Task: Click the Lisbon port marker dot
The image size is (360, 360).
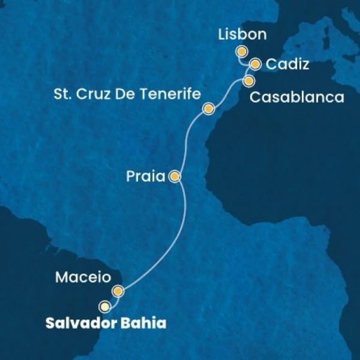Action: click(241, 52)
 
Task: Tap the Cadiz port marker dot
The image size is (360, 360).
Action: click(256, 64)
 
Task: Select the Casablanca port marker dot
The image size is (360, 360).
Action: click(248, 80)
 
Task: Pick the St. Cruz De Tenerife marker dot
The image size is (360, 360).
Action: click(208, 109)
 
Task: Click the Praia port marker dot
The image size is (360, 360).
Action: click(175, 176)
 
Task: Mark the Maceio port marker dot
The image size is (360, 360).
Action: click(118, 292)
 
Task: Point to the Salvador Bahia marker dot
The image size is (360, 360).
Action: click(106, 306)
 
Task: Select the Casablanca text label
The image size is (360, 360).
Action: click(296, 97)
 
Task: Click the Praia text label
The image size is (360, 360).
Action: click(146, 177)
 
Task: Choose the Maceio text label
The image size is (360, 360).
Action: click(82, 278)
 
